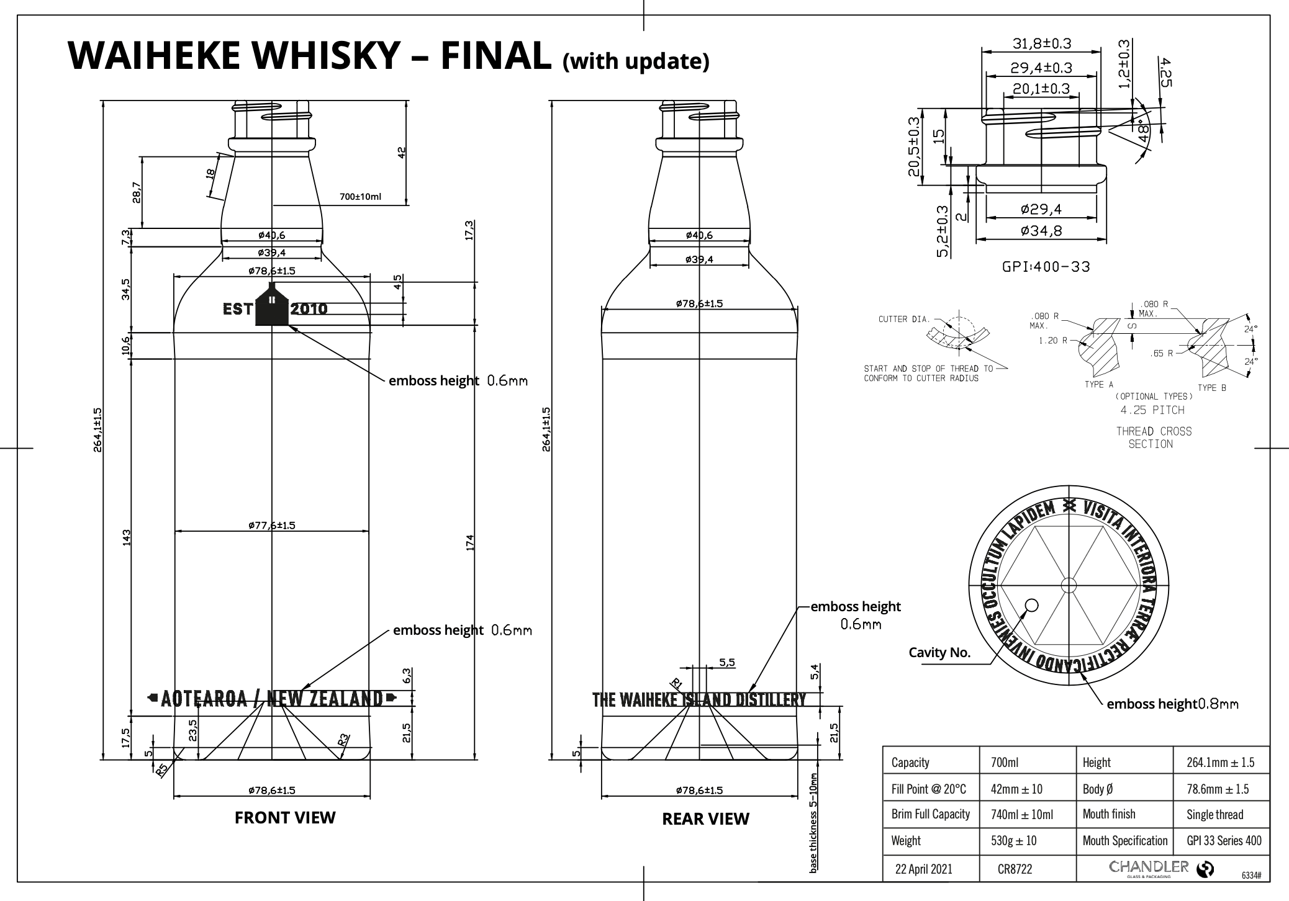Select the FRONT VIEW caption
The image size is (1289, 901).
click(285, 818)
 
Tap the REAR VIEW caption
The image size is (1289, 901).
click(705, 819)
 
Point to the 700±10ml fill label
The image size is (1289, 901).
click(360, 197)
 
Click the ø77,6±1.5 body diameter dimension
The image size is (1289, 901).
click(272, 526)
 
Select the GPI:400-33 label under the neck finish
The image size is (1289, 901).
click(1046, 267)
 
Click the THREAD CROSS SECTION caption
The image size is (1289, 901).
click(1154, 437)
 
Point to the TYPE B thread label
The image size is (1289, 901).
click(1211, 388)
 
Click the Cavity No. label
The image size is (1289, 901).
click(939, 652)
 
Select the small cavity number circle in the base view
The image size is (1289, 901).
click(1032, 605)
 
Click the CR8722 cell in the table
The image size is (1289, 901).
click(1015, 869)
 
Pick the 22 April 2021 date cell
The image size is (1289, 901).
click(923, 869)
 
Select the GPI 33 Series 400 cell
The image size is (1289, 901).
click(1224, 841)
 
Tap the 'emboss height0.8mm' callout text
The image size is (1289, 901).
click(1172, 704)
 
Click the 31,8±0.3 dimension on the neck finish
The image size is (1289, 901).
click(1042, 43)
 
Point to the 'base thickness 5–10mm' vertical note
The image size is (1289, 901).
click(814, 820)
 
